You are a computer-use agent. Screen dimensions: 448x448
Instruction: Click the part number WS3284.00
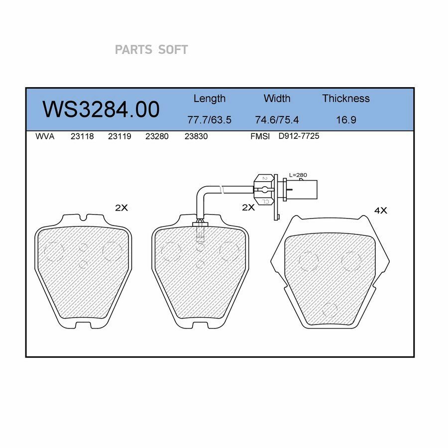coord(101,109)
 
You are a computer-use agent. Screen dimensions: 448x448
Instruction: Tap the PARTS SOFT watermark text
coord(151,50)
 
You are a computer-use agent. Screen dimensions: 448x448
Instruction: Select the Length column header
coord(210,99)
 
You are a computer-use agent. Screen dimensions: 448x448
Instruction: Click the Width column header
coord(277,98)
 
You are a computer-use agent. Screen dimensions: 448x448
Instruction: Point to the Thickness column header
coord(346,98)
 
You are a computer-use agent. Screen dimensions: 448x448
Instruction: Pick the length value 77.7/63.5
coord(209,119)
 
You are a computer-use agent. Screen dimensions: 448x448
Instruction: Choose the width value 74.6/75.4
coord(277,119)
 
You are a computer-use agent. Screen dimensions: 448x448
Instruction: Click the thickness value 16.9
coord(346,119)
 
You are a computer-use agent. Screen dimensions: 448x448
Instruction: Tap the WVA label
coord(45,136)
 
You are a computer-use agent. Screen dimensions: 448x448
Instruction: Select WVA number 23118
coord(82,136)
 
